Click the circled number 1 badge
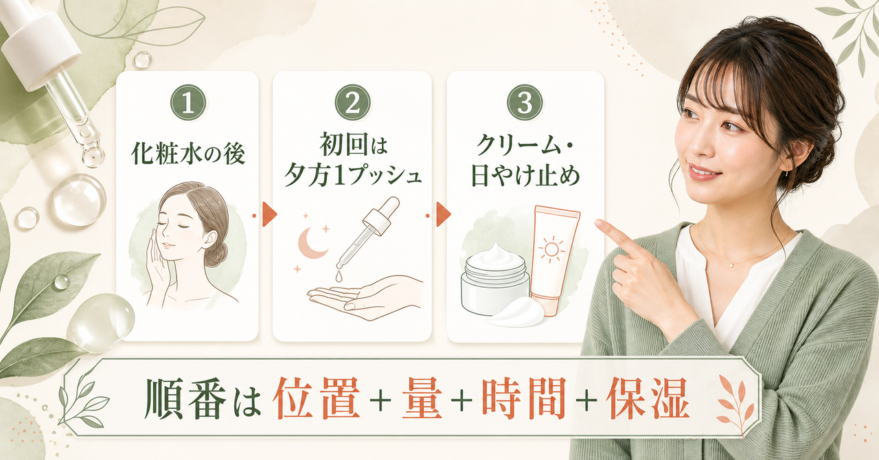click(x=188, y=103)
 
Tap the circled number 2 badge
click(x=352, y=103)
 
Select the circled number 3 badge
click(x=525, y=103)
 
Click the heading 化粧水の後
click(x=188, y=154)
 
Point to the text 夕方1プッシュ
click(x=352, y=176)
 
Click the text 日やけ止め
click(x=525, y=176)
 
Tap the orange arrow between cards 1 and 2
click(x=270, y=214)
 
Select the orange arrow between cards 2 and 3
click(x=444, y=214)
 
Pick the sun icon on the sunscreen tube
click(x=551, y=249)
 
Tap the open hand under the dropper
click(x=365, y=297)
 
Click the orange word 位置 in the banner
click(x=317, y=398)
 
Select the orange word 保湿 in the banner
click(x=648, y=398)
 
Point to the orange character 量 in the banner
click(x=422, y=398)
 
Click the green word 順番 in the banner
click(x=185, y=398)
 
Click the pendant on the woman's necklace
click(x=732, y=265)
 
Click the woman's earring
click(x=787, y=170)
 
